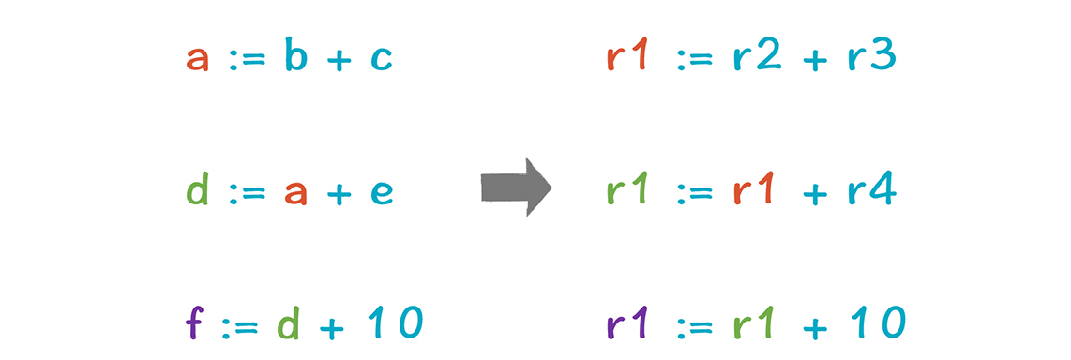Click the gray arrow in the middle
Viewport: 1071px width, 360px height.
point(516,187)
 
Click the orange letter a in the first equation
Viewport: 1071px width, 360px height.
point(197,59)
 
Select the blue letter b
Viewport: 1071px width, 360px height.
point(295,55)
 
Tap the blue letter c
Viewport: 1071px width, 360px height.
point(381,59)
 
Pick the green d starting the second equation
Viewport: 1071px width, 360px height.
point(197,189)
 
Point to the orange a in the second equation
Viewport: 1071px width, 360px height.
point(295,194)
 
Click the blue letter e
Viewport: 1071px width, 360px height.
point(381,194)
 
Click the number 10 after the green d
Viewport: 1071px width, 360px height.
point(394,323)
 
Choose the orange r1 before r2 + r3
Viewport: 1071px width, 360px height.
point(626,55)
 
